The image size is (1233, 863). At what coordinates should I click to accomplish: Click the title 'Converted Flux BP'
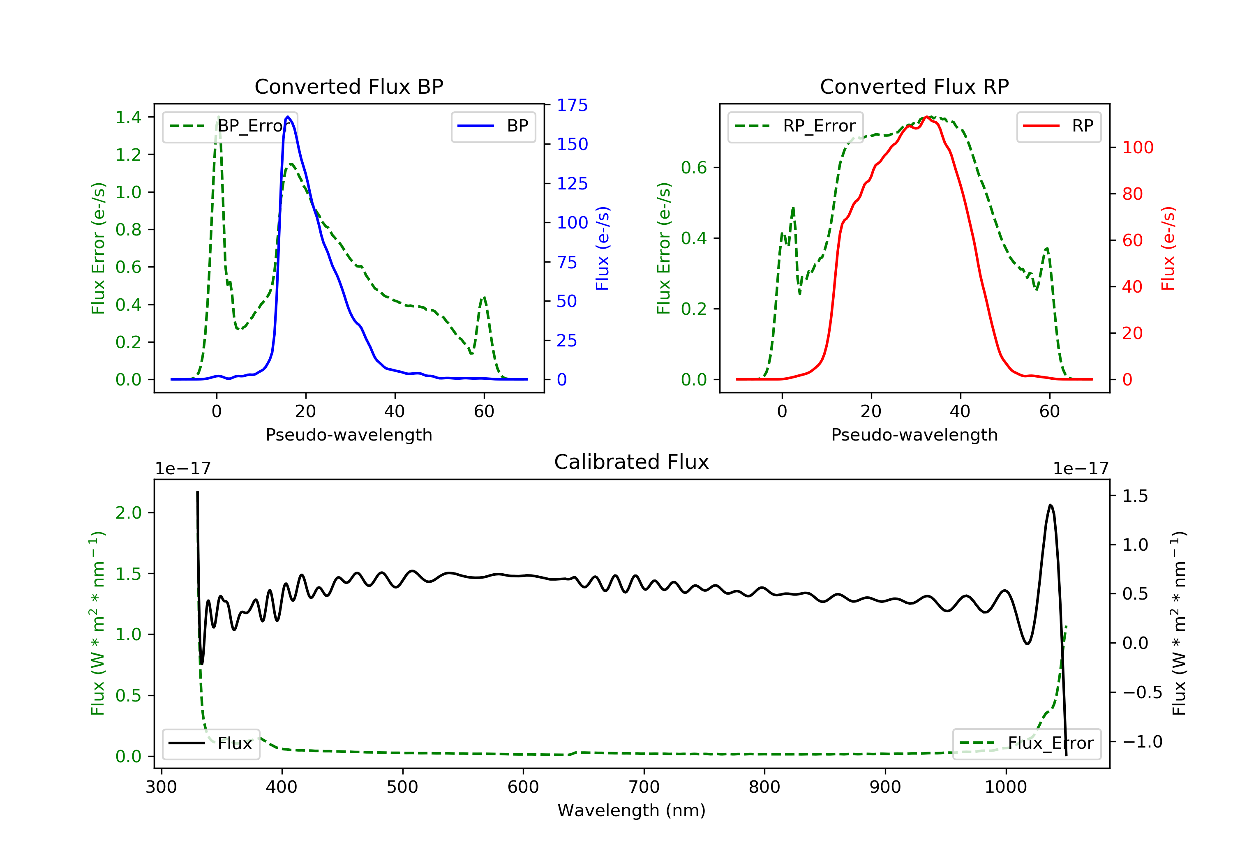point(349,86)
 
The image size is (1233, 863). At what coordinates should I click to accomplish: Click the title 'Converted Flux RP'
point(914,86)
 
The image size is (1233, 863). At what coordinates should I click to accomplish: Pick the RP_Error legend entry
point(795,126)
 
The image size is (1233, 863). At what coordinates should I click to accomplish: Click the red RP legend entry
point(1058,126)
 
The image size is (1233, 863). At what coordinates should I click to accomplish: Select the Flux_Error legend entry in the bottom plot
point(1026,743)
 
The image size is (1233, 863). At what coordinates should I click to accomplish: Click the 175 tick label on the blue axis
point(572,105)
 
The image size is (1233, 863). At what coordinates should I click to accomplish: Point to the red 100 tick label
point(1137,147)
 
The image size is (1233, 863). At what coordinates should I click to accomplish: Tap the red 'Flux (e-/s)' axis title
point(1168,248)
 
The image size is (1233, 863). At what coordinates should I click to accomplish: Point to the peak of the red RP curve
point(927,117)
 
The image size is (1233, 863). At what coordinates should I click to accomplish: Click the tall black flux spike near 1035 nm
point(1051,505)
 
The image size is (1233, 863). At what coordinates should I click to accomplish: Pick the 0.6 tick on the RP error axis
point(694,168)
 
